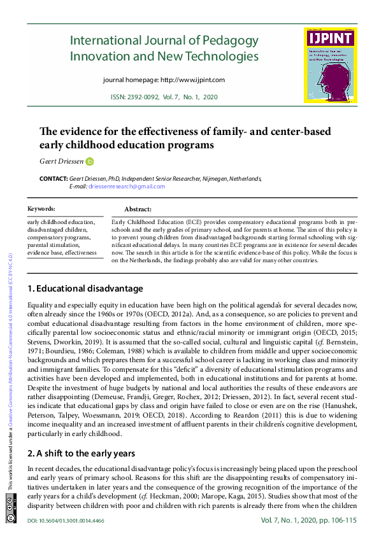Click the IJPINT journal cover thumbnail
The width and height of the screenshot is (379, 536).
[330, 65]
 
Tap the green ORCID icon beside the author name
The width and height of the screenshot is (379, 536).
[90, 162]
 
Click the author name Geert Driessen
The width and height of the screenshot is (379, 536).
[61, 162]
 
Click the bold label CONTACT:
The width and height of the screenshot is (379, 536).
[53, 179]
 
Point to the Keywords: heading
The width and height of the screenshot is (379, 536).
[41, 209]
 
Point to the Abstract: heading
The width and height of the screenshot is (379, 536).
[138, 209]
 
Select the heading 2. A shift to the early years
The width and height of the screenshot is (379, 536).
[81, 453]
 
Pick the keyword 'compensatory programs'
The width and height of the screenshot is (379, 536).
[61, 237]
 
